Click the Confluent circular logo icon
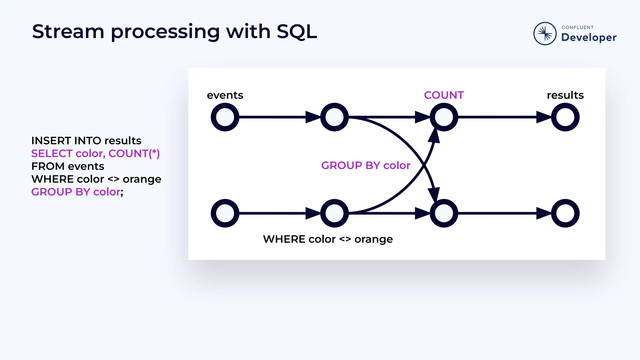(x=545, y=33)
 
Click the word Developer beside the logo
(x=589, y=37)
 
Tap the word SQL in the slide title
(x=297, y=32)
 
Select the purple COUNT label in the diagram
(x=444, y=95)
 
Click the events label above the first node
(x=225, y=95)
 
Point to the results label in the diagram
(x=565, y=95)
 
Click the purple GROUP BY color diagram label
(x=366, y=165)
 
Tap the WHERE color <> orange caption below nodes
(x=328, y=239)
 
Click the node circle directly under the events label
(x=225, y=117)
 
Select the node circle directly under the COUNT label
(x=444, y=117)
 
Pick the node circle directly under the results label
(x=565, y=117)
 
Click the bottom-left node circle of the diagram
(x=225, y=213)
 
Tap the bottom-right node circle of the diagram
(x=565, y=213)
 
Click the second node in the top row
(x=334, y=117)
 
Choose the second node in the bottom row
(x=334, y=213)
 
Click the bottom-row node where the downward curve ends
(x=444, y=213)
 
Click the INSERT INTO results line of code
(x=86, y=141)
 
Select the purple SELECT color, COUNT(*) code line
(x=95, y=153)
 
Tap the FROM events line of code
(x=68, y=166)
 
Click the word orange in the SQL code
(x=142, y=179)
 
